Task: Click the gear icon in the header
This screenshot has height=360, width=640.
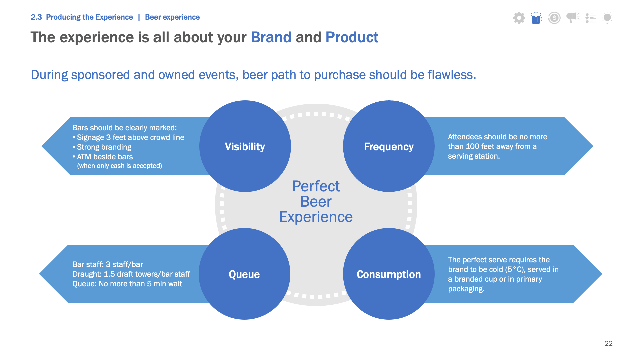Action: pos(519,18)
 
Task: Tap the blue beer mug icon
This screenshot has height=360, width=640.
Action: pos(536,18)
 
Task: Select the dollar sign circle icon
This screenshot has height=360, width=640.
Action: pos(554,18)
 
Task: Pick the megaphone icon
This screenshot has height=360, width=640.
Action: pos(573,18)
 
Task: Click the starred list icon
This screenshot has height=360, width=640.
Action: pos(591,18)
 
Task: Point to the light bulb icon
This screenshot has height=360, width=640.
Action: pos(607,18)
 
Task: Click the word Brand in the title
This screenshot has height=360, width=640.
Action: pos(271,37)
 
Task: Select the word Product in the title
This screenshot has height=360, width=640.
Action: pos(352,37)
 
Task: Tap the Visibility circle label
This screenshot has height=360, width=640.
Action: pos(245,147)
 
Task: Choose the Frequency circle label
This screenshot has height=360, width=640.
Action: pos(389,147)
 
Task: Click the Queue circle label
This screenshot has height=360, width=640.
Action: pos(244,274)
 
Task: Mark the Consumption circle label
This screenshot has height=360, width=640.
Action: pos(389,274)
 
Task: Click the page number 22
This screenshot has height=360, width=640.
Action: pos(609,343)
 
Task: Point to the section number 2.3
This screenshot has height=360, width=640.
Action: pos(36,17)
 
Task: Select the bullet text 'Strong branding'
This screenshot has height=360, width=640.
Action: pos(104,147)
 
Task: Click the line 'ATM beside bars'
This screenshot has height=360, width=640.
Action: pos(105,157)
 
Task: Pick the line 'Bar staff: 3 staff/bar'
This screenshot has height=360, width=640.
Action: pos(108,264)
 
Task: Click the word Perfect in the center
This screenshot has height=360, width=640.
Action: pos(316,186)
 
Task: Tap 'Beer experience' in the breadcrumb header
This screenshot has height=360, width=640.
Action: pos(172,17)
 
